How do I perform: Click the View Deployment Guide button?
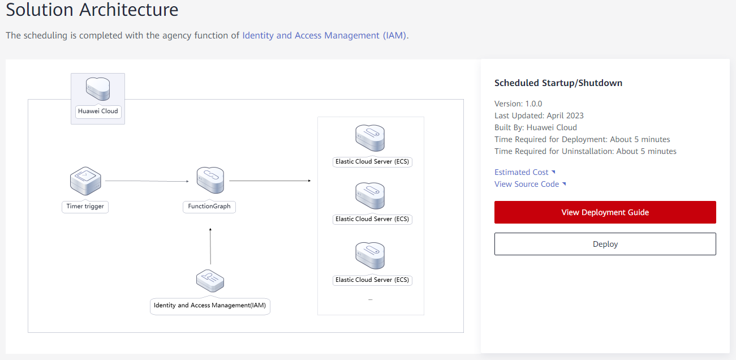605,212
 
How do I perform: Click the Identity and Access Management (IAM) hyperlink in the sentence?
324,35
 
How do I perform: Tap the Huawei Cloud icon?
98,89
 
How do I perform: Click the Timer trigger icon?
85,181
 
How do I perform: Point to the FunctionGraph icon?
210,180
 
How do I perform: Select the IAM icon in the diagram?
210,281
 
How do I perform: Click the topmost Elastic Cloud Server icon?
370,138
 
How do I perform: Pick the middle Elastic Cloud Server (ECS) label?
372,219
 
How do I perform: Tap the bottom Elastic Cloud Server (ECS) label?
372,280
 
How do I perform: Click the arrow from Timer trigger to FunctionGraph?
147,181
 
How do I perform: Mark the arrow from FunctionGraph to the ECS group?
270,181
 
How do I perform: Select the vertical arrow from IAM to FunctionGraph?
210,246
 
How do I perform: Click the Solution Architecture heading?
92,9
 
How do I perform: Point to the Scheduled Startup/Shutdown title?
558,83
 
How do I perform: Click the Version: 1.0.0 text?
518,104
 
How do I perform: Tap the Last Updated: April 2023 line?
539,115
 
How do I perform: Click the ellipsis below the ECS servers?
371,299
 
